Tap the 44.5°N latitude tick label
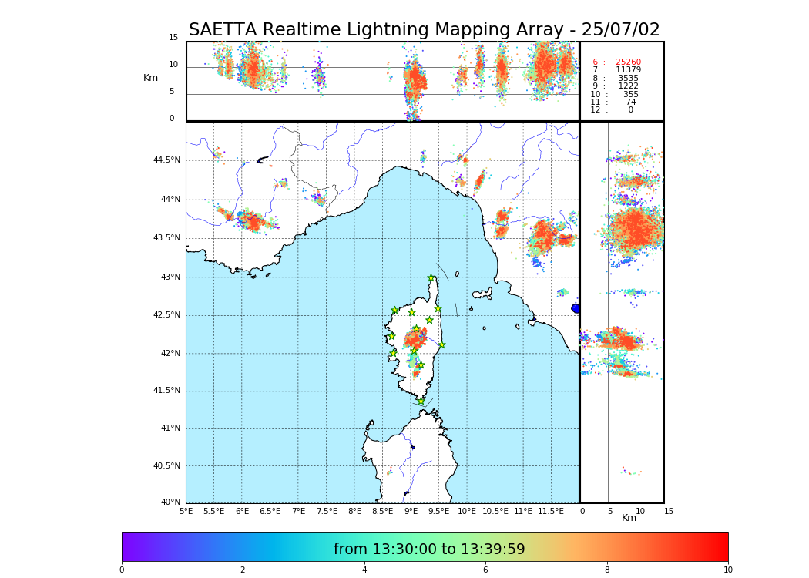click(x=166, y=160)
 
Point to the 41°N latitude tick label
click(x=170, y=428)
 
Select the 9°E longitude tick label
click(x=411, y=511)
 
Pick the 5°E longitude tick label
click(x=186, y=511)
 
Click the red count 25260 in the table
click(x=628, y=62)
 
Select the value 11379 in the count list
click(x=628, y=70)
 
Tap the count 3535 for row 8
click(x=628, y=79)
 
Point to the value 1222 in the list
click(x=628, y=86)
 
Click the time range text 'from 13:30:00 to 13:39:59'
click(x=429, y=549)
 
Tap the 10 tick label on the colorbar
click(x=727, y=570)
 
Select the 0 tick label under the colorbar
click(x=122, y=570)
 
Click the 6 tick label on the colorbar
click(x=485, y=570)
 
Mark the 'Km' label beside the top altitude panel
click(x=150, y=78)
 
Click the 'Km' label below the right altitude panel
click(x=629, y=518)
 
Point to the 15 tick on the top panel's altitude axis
click(x=173, y=38)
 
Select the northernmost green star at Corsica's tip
click(x=431, y=278)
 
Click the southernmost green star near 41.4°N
click(x=421, y=401)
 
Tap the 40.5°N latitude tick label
click(x=166, y=466)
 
